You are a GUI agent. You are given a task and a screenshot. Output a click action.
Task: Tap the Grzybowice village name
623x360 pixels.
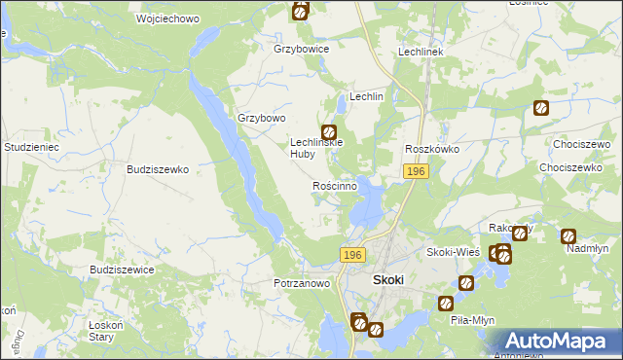(302, 49)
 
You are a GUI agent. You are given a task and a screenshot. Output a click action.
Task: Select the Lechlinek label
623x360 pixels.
(421, 52)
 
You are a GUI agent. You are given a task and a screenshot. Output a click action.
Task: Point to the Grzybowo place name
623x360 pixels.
(262, 119)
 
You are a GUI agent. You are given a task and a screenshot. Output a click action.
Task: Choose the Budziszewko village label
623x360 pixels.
(157, 168)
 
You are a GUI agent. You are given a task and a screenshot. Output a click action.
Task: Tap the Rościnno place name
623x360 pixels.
(335, 185)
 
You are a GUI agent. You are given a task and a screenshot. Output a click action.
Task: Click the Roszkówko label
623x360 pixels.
(432, 149)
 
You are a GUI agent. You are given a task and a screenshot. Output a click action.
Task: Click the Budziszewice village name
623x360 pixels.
(121, 270)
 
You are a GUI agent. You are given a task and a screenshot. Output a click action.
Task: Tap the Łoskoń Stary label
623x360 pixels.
(101, 330)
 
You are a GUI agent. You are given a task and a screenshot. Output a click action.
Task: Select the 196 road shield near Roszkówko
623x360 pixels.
(416, 171)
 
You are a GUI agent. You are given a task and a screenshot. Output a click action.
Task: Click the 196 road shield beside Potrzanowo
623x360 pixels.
(352, 254)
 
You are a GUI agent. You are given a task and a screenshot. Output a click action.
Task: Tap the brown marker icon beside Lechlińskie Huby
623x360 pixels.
(329, 131)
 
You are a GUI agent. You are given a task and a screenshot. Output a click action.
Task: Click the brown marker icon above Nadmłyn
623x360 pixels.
(568, 235)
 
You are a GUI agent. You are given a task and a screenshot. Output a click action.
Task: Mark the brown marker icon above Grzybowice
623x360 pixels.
(301, 12)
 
